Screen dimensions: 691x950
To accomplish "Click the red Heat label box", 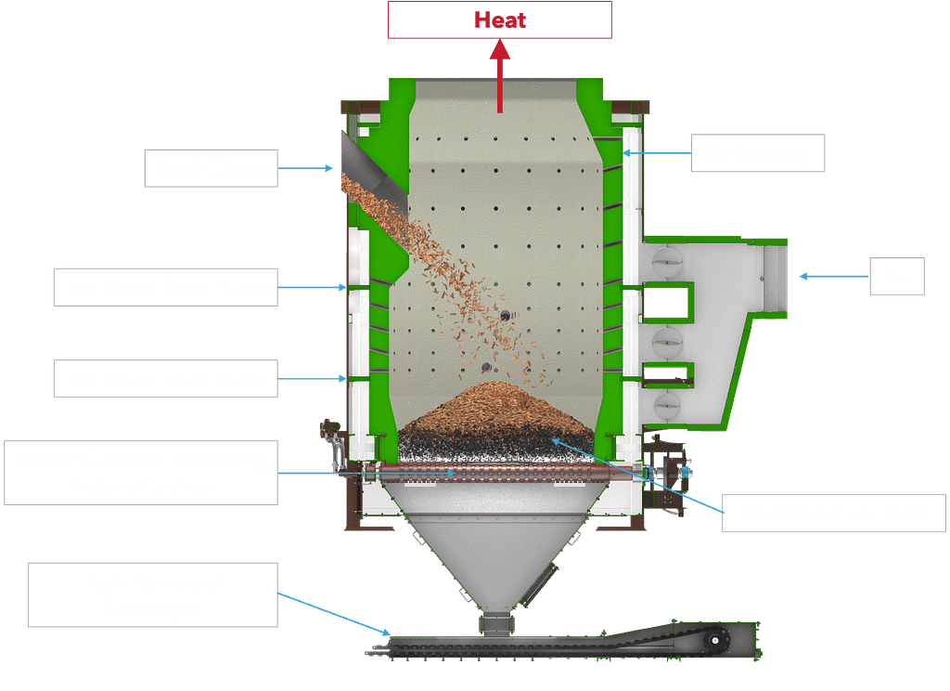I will (x=499, y=20).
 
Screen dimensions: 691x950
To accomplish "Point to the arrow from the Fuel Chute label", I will (x=306, y=169).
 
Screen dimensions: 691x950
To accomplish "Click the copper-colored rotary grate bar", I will (x=501, y=473).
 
